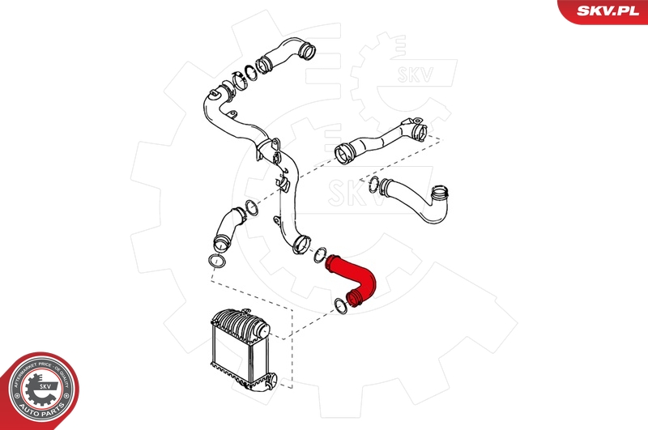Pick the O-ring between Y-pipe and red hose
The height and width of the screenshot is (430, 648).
click(320, 253)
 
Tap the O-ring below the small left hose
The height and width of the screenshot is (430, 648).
click(215, 262)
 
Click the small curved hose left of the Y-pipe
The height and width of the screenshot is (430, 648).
click(228, 228)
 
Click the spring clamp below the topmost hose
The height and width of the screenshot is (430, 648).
click(239, 81)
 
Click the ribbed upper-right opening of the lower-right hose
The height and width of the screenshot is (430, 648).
click(440, 194)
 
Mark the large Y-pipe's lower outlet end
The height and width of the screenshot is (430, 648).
click(302, 241)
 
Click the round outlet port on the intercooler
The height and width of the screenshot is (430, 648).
click(261, 330)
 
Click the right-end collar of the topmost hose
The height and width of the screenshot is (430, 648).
click(306, 53)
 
